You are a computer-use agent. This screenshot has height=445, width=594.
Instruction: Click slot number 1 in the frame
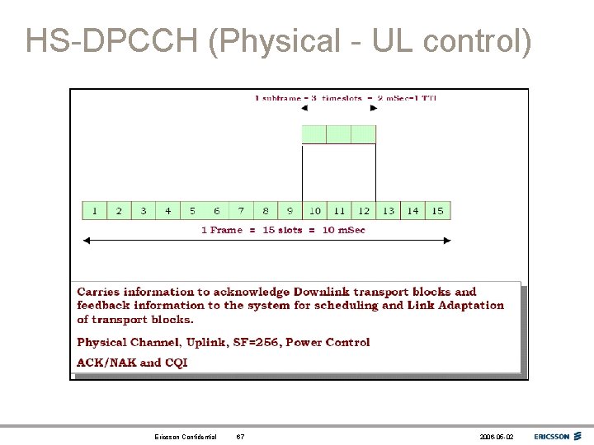point(94,211)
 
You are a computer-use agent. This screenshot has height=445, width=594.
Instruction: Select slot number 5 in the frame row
point(192,211)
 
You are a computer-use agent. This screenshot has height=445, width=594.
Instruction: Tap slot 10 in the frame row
point(314,211)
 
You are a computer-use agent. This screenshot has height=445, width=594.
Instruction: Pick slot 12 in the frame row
point(364,211)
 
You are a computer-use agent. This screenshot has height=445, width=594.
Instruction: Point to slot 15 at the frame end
point(437,211)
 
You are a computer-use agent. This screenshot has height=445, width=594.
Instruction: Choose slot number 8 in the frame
point(266,211)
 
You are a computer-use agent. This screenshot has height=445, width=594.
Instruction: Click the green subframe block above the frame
point(339,134)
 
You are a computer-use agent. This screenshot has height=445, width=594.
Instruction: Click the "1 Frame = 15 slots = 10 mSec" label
point(283,230)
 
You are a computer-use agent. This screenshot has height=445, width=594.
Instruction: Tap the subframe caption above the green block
point(346,98)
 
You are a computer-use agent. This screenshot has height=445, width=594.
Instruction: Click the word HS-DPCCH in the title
point(112,41)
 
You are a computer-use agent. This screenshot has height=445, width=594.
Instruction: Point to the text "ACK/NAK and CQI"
point(132,363)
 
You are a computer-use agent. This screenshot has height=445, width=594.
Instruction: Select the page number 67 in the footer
point(240,437)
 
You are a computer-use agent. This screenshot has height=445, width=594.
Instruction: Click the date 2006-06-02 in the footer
point(496,437)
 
